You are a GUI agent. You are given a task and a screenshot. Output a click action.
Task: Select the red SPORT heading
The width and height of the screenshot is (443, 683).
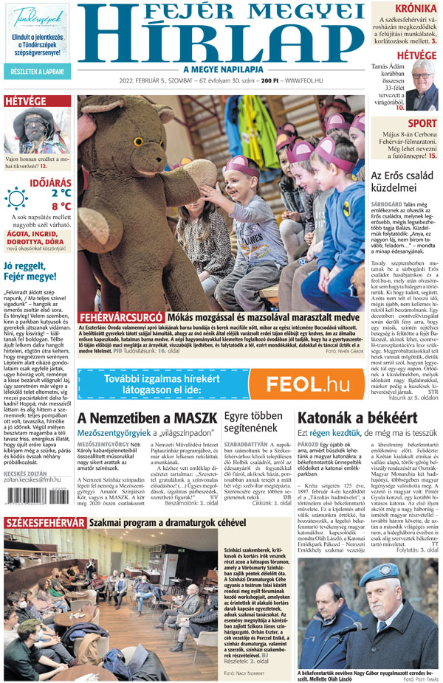tap(422, 123)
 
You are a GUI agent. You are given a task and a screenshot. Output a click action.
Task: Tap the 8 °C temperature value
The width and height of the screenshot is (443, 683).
tap(61, 207)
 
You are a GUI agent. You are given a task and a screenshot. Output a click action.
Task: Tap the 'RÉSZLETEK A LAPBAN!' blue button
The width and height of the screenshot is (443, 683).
tap(37, 72)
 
